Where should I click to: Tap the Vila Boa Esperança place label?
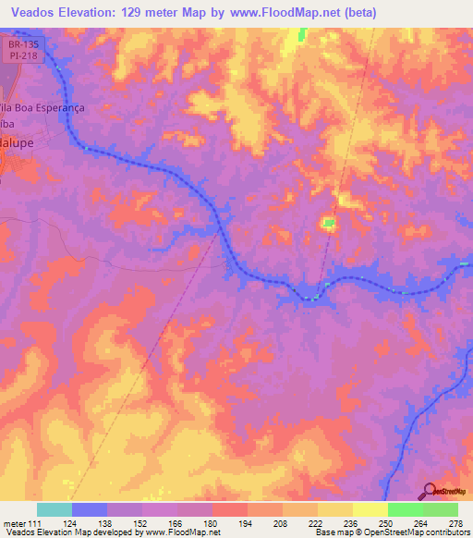[x=41, y=107]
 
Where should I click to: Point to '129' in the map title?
[x=149, y=13]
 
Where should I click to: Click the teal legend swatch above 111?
[x=55, y=509]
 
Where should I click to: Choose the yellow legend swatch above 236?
[x=334, y=509]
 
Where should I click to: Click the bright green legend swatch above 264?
[x=405, y=509]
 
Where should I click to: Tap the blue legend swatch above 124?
[x=90, y=509]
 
